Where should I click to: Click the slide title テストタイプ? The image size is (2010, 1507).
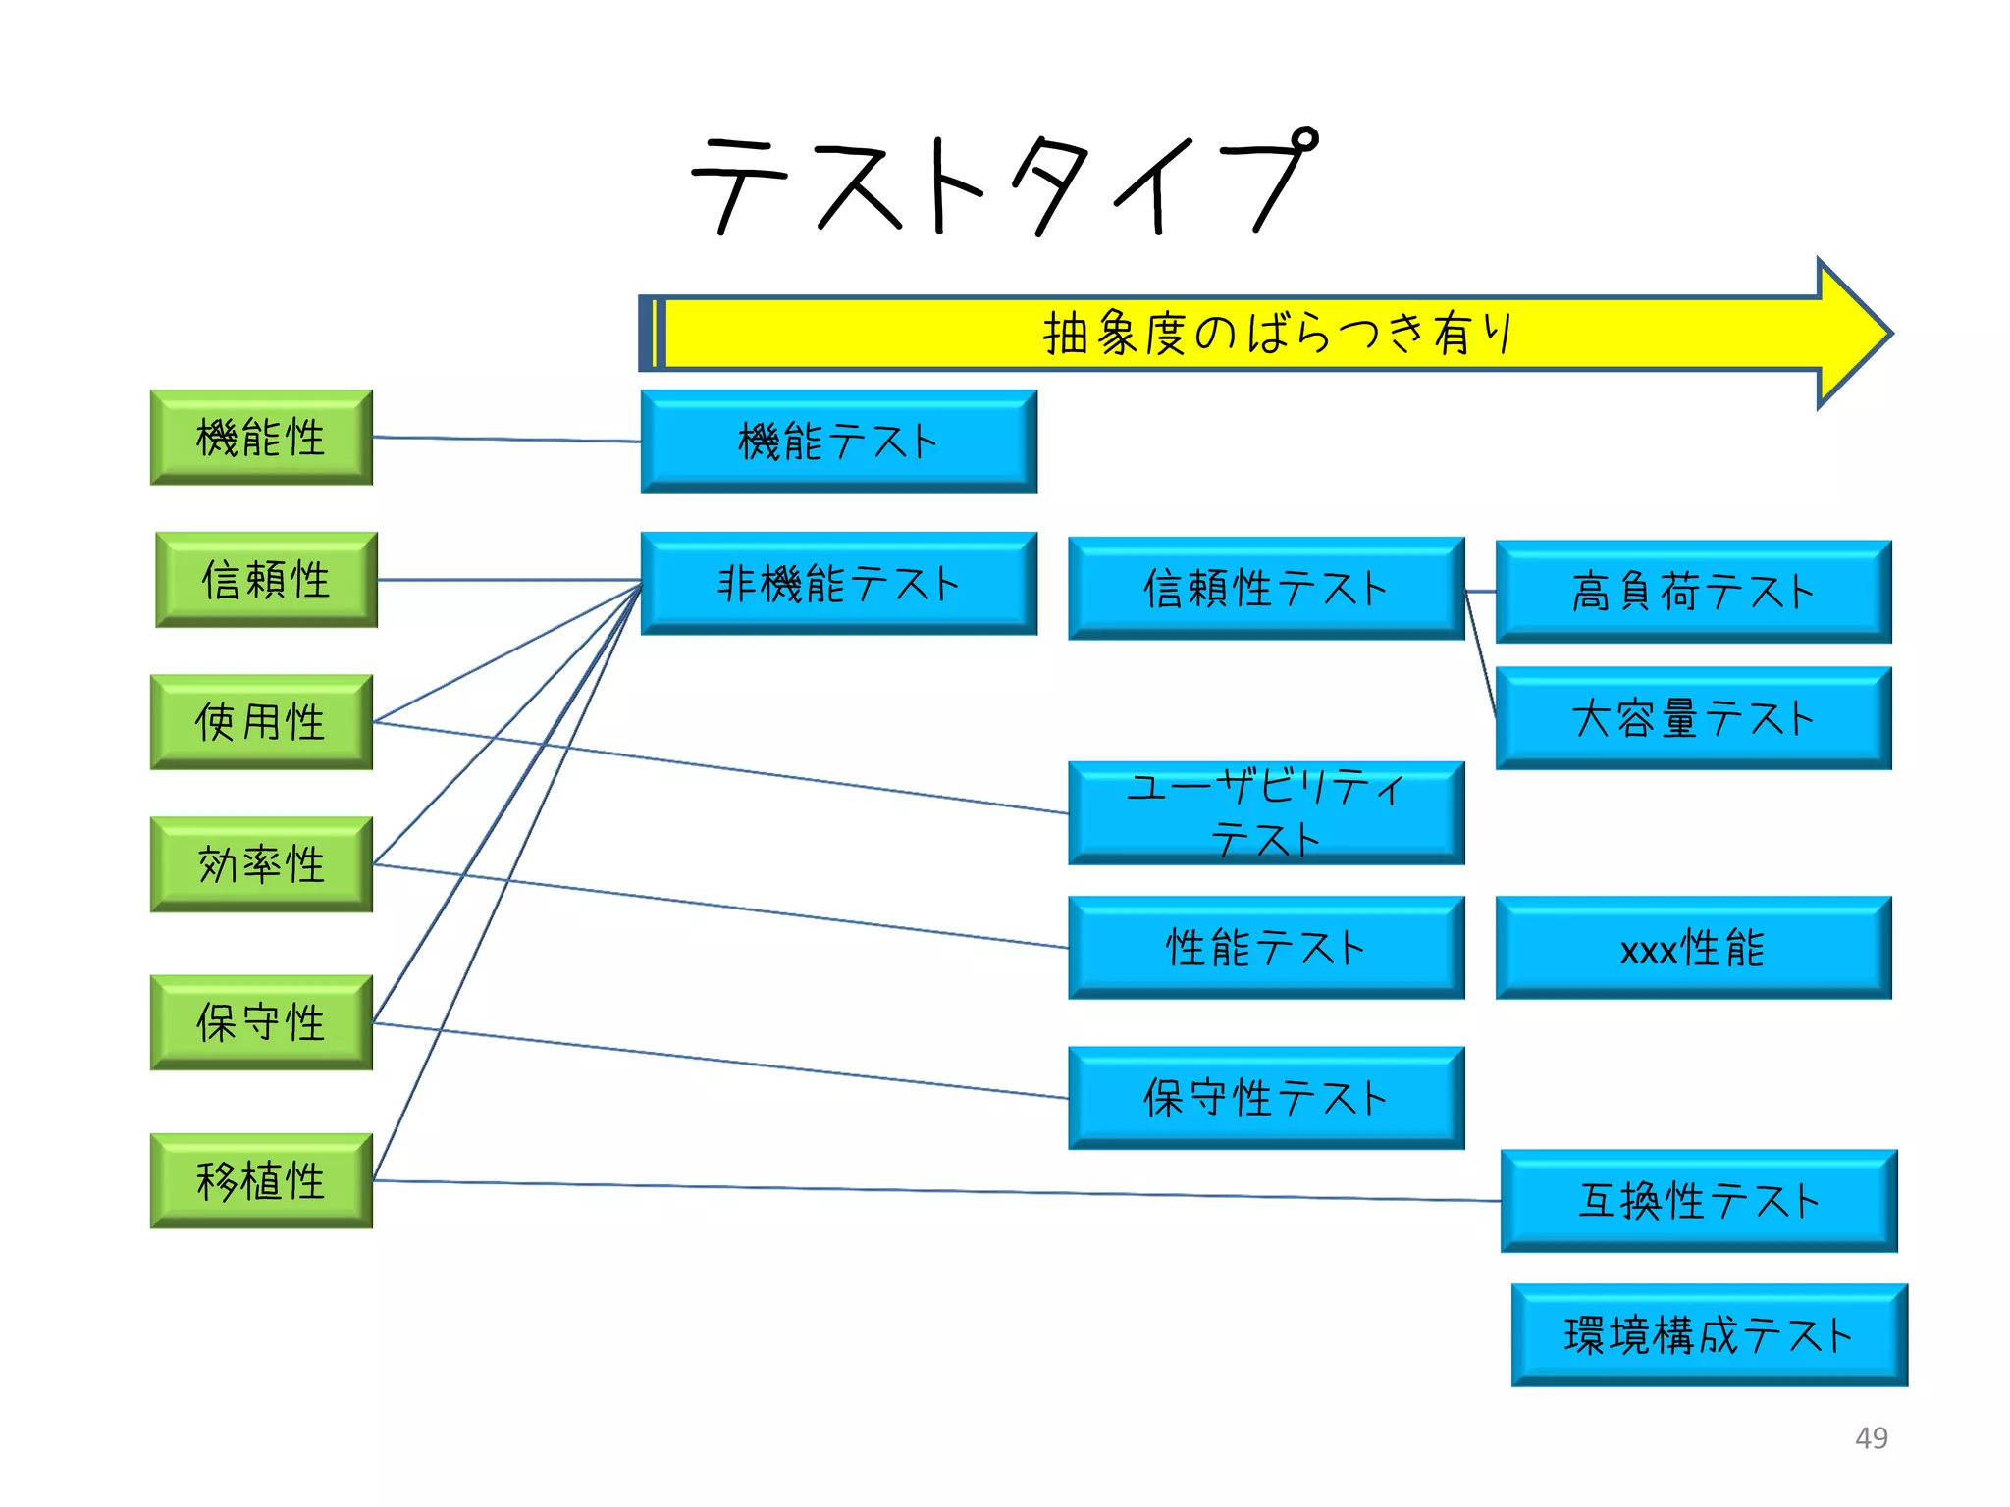(1003, 184)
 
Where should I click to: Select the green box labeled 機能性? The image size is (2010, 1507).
(261, 438)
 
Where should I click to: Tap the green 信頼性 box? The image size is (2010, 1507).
(266, 580)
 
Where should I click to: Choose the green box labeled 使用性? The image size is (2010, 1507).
(261, 722)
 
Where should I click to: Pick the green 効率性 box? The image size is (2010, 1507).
(261, 864)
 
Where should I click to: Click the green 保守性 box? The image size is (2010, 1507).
(261, 1022)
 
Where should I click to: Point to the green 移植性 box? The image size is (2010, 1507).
(261, 1180)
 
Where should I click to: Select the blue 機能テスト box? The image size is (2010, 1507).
(838, 442)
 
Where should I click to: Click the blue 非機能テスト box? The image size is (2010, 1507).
(838, 584)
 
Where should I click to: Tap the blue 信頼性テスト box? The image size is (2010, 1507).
(1266, 588)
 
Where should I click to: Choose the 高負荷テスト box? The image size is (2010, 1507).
(1693, 592)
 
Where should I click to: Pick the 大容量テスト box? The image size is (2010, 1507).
(1693, 718)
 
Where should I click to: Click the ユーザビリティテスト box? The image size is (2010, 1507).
(1266, 812)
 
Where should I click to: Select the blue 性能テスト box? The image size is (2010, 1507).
(1266, 948)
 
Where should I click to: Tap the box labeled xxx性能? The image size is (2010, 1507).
(1693, 948)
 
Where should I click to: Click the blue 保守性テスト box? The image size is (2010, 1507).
(1266, 1098)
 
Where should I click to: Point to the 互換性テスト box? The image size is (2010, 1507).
(1699, 1201)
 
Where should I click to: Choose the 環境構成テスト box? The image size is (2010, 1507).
(1709, 1335)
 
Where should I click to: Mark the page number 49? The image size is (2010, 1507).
(1871, 1437)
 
